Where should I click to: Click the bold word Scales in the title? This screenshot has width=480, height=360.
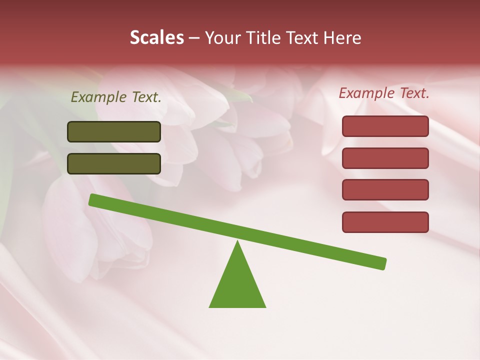point(156,37)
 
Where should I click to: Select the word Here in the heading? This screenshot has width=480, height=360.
point(342,37)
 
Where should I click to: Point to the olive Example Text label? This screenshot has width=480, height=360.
point(116,97)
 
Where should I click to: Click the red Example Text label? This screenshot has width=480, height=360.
point(384,93)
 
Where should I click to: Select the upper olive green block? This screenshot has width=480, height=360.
point(114,131)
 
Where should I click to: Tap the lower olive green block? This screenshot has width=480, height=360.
point(114,163)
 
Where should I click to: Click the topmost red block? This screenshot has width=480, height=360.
point(385,126)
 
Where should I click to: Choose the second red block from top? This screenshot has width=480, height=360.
point(385,158)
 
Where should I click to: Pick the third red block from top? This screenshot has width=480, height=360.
point(385,190)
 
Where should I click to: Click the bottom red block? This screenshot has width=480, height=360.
point(385,222)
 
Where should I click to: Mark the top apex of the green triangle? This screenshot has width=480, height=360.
point(237,242)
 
